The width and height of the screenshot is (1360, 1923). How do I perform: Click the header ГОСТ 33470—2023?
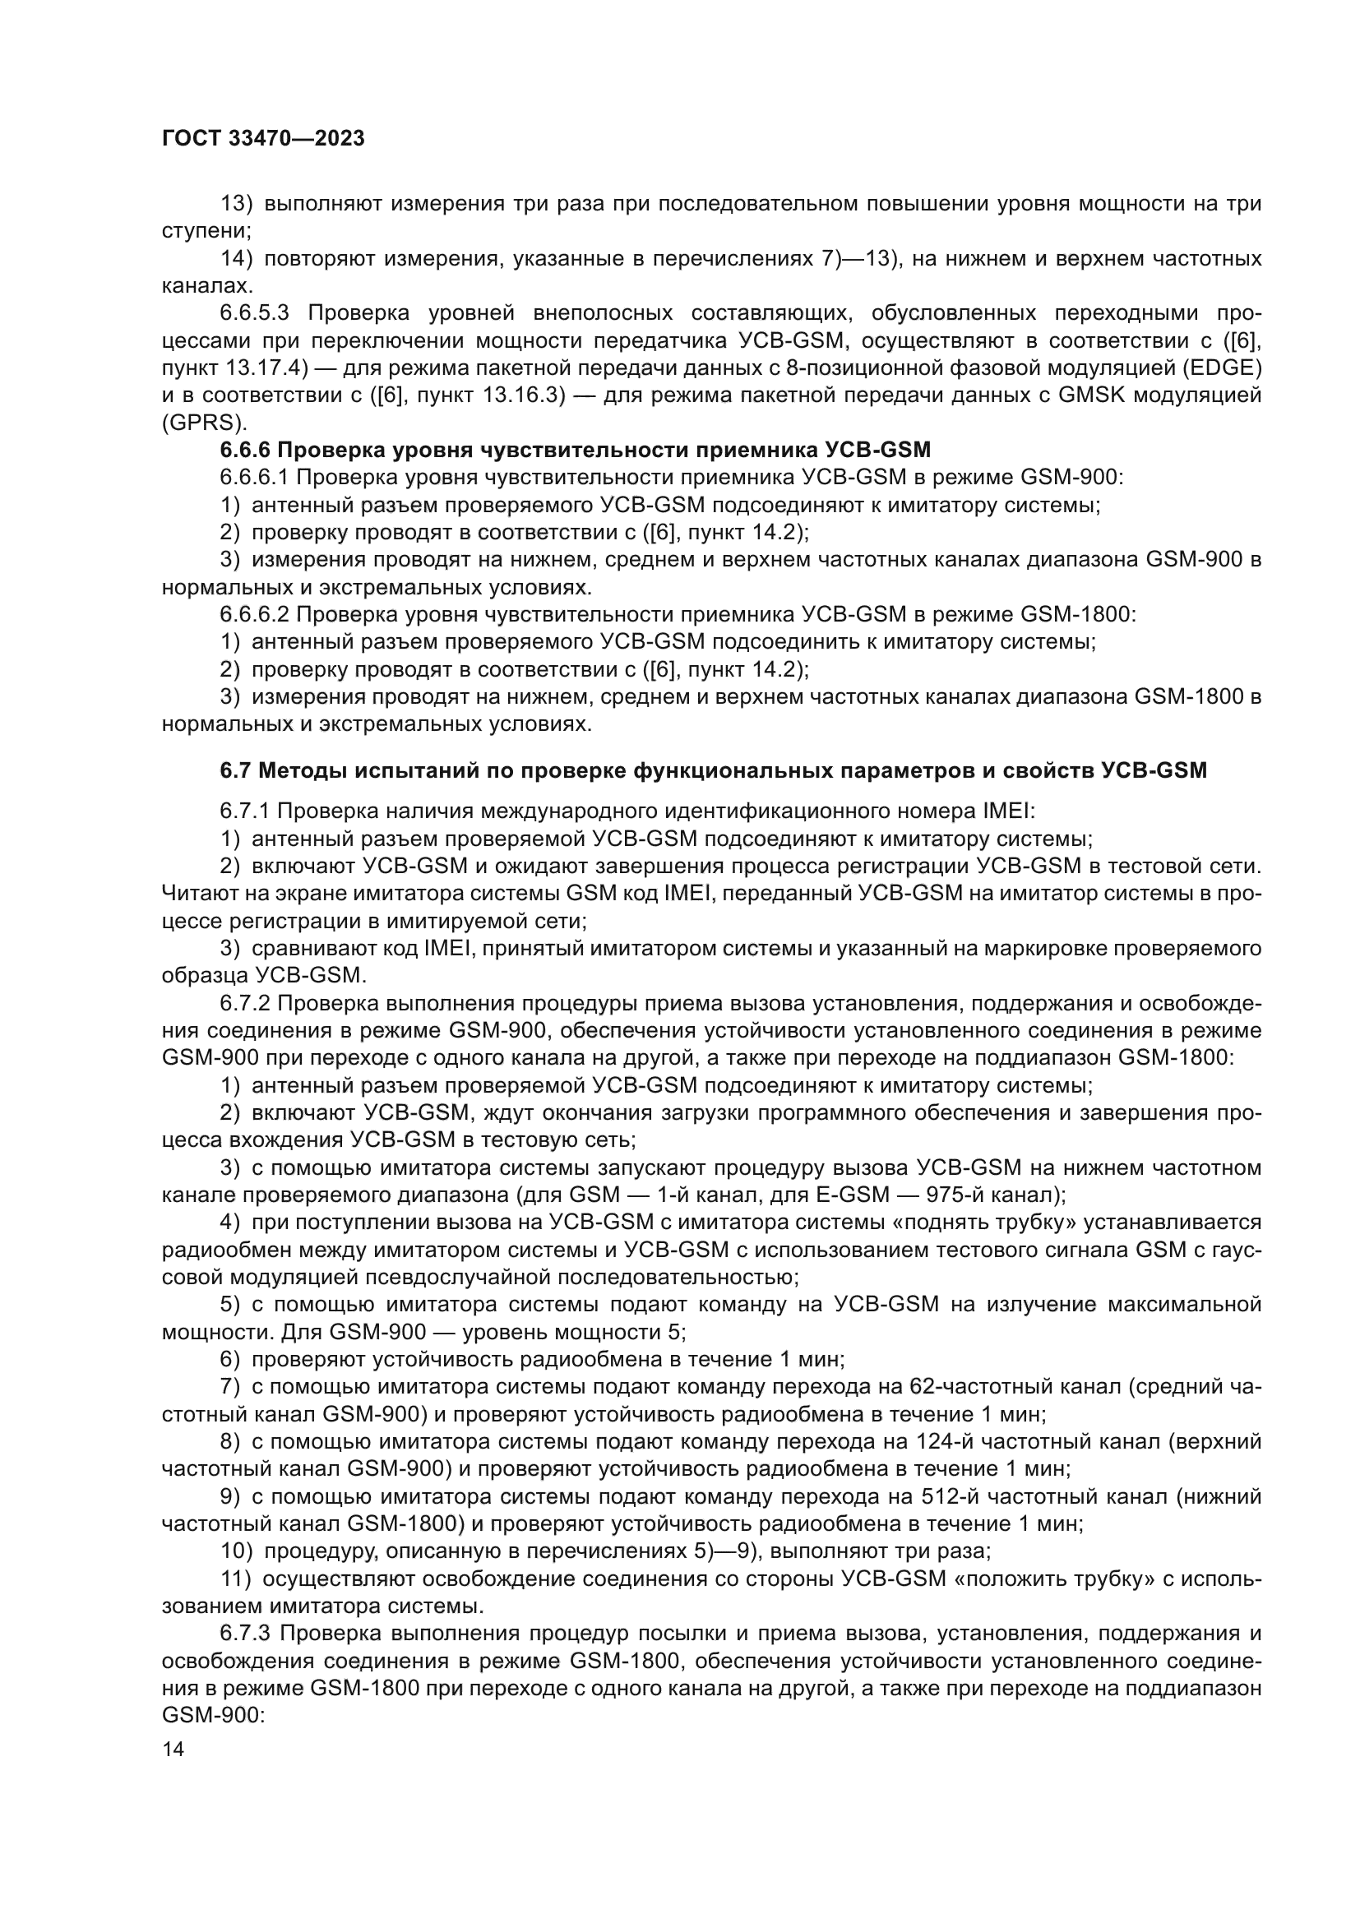click(263, 139)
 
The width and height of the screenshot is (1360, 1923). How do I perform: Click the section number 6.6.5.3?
click(255, 313)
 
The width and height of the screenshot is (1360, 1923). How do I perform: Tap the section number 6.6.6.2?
click(255, 615)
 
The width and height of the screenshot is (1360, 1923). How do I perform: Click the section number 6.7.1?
click(245, 811)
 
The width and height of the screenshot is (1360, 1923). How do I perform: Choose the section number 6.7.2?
click(245, 1003)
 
